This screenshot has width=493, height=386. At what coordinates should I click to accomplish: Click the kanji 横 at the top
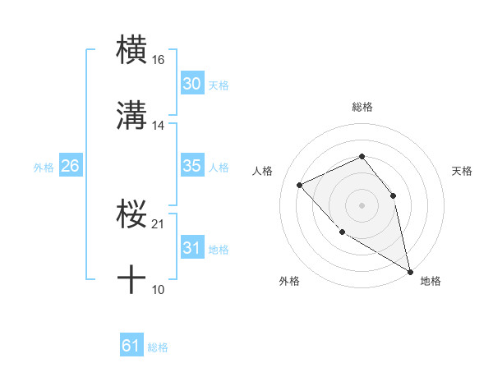(x=131, y=48)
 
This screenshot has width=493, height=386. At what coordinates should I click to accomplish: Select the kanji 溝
(x=131, y=115)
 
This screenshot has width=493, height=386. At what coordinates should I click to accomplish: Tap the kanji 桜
(x=131, y=215)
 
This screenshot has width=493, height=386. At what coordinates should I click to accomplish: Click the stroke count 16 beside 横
(x=159, y=59)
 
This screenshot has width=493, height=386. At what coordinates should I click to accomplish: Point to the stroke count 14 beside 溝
(x=159, y=126)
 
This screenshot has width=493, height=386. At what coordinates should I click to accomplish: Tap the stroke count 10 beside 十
(x=159, y=289)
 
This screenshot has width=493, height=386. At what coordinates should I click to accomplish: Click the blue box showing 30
(x=192, y=84)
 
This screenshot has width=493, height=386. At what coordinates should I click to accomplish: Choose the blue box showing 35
(x=192, y=166)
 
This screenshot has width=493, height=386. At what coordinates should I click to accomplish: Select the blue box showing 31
(x=192, y=248)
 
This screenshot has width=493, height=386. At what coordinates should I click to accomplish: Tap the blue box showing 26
(x=70, y=166)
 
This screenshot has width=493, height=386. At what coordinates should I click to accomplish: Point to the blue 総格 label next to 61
(x=158, y=347)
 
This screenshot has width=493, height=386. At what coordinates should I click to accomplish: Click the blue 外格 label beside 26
(x=44, y=167)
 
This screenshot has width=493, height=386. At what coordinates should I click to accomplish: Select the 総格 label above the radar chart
(x=362, y=107)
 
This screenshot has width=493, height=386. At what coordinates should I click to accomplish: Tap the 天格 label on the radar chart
(x=462, y=171)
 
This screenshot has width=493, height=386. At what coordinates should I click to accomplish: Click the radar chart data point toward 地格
(x=410, y=271)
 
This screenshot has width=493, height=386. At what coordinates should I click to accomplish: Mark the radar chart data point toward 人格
(x=300, y=185)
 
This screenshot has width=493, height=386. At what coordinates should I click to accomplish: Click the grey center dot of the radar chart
(x=362, y=204)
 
